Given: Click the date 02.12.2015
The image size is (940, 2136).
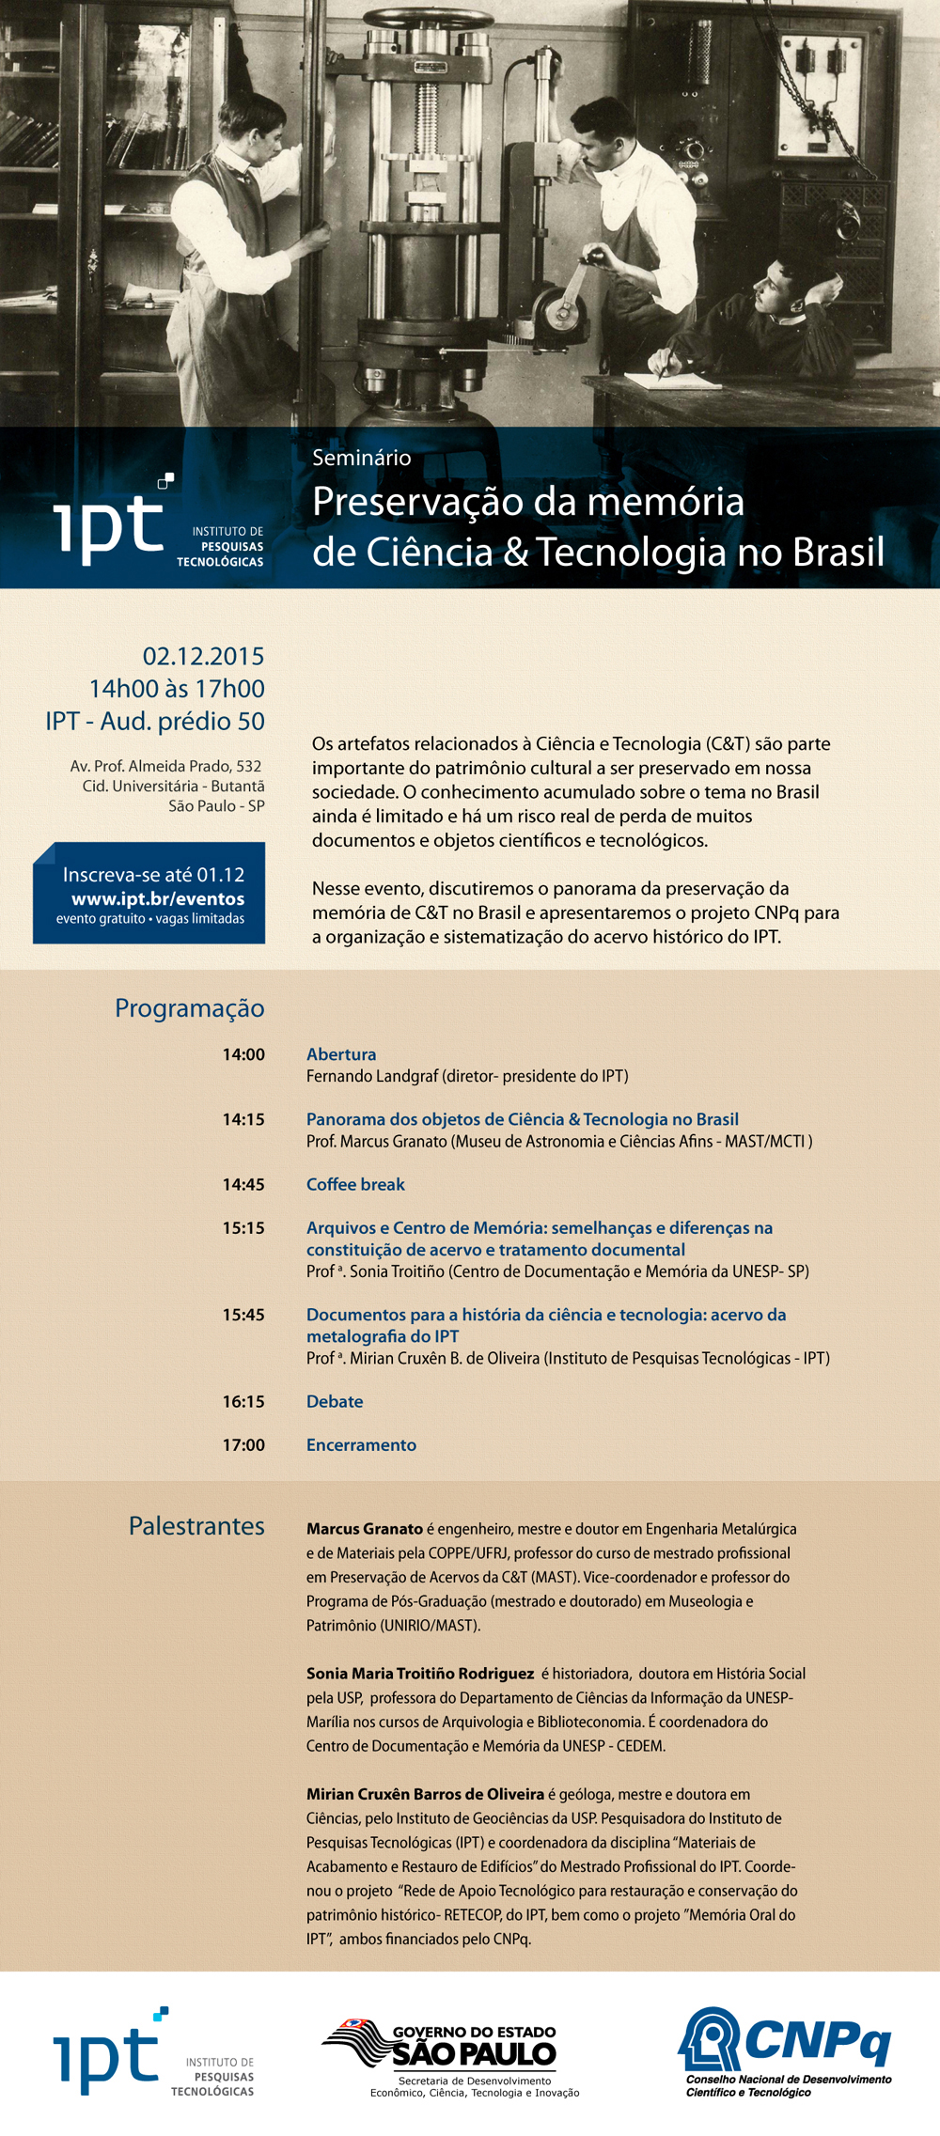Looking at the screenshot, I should [x=203, y=656].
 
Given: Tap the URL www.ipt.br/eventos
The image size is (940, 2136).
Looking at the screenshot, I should [x=158, y=898].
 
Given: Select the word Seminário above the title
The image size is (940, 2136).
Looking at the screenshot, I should [x=361, y=458].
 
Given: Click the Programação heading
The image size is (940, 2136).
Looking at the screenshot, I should [x=189, y=1008].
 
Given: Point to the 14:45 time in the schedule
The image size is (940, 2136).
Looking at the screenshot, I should [x=243, y=1184].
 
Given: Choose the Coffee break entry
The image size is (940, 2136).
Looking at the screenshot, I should [x=355, y=1184].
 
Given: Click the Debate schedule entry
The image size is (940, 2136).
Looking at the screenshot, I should [x=335, y=1401].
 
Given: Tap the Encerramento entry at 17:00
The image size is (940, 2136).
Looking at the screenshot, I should [x=361, y=1444].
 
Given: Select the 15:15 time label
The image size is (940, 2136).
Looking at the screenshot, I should [x=243, y=1227].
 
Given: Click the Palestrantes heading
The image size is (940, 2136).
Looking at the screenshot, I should [x=196, y=1526].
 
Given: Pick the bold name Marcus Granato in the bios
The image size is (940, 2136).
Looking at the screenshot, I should [x=365, y=1529].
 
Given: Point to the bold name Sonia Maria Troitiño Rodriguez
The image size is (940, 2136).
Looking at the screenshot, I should [x=420, y=1674].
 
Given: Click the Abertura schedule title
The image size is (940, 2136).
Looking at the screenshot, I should [x=341, y=1054].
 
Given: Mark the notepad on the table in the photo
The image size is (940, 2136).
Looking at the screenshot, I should [x=672, y=380].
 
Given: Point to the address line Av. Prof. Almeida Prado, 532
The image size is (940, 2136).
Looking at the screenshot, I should [x=165, y=766].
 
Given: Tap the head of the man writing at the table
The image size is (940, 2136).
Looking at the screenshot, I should [x=775, y=288].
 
